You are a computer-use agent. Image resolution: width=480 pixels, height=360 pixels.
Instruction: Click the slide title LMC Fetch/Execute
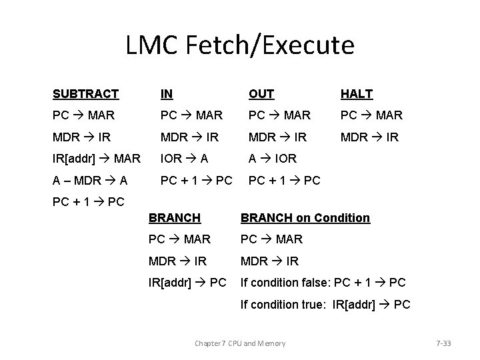[x=240, y=45]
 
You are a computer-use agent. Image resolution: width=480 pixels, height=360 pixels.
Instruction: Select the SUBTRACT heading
[x=86, y=94]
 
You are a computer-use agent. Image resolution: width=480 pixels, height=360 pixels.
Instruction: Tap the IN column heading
[x=166, y=94]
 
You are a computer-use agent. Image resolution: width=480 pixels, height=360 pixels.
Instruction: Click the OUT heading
[x=261, y=94]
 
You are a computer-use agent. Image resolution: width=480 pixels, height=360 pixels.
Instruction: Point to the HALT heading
[x=356, y=94]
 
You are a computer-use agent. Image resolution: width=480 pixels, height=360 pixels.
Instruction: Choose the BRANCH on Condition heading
[x=305, y=217]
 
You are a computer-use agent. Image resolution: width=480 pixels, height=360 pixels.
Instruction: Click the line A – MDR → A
[x=91, y=180]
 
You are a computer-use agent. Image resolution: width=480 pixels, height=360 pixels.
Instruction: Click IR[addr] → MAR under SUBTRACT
[x=97, y=158]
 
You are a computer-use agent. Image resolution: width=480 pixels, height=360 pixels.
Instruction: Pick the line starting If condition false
[x=323, y=282]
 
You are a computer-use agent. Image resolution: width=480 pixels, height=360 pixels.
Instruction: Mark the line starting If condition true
[x=325, y=304]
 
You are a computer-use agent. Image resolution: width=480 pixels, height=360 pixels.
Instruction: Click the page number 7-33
[x=443, y=343]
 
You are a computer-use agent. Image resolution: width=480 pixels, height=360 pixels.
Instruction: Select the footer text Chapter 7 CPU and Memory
[x=240, y=343]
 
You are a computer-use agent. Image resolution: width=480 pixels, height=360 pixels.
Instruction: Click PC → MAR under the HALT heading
[x=371, y=115]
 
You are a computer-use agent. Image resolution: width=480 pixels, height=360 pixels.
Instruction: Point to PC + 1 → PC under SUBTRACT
[x=88, y=201]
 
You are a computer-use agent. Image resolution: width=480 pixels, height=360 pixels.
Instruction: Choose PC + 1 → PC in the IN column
[x=196, y=180]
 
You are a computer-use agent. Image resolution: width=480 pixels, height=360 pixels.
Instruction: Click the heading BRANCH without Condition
[x=174, y=217]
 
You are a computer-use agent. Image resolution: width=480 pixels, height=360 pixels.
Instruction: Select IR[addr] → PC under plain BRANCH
[x=188, y=282]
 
